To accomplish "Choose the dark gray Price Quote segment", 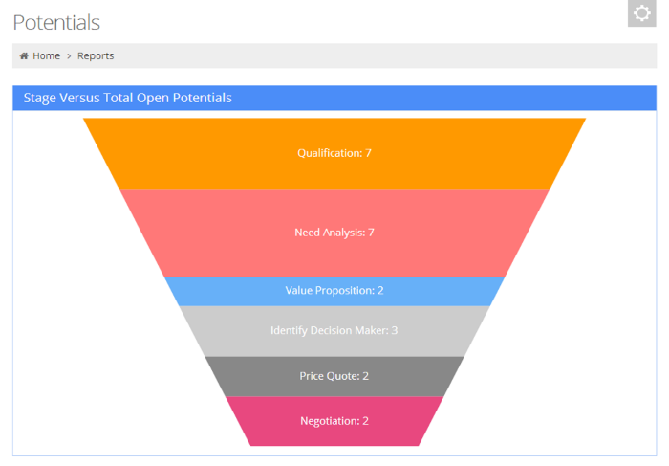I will click(258, 376).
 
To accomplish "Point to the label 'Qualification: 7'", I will click(334, 153).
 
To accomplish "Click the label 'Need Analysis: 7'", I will click(334, 233).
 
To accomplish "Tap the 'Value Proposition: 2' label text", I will click(334, 291).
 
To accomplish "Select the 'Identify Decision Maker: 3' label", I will click(334, 331).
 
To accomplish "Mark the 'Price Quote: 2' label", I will click(334, 376).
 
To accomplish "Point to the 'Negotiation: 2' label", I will click(334, 421).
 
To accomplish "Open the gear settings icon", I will click(641, 13).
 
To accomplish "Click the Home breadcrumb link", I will click(46, 55).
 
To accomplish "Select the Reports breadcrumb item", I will click(96, 55).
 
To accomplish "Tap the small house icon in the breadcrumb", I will click(24, 55).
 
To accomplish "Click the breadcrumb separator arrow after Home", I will click(69, 55).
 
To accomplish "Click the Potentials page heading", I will click(56, 22).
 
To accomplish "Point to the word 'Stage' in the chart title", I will click(40, 98).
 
